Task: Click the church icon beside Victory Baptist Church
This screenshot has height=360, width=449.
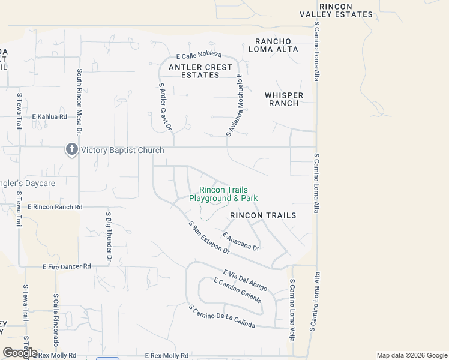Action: point(72,149)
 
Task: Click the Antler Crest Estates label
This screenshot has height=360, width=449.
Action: point(200,71)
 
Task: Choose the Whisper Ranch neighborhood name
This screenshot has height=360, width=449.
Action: point(284,99)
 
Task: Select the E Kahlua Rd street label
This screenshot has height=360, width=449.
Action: point(49,116)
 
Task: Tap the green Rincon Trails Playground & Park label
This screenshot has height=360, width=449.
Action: point(223,194)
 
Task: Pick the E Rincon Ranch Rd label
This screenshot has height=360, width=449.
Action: point(55,207)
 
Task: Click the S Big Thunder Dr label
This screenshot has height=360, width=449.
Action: point(109,237)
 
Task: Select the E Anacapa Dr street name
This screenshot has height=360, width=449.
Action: point(241,242)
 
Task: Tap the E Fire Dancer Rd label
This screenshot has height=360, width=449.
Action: point(67,266)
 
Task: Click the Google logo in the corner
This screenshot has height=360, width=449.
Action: point(20,353)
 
